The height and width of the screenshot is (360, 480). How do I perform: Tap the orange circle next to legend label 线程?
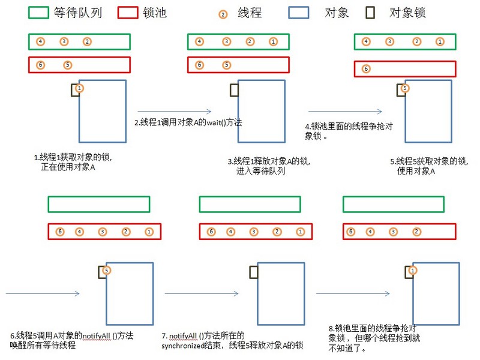pos(223,14)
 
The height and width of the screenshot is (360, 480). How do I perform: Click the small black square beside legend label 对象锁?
pos(372,12)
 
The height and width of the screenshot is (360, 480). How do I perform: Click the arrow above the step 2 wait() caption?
pos(174,111)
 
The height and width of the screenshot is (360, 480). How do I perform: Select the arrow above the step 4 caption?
pos(345,111)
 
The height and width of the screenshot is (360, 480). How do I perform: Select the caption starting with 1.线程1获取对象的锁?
pos(73,162)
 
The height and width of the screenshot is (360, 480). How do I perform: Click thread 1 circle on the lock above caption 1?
pos(80,88)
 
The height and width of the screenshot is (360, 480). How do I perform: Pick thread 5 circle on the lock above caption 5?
pos(405,88)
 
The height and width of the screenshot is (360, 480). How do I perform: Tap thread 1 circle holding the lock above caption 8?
pos(413,271)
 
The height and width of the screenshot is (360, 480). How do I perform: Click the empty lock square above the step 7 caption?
pos(254,272)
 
